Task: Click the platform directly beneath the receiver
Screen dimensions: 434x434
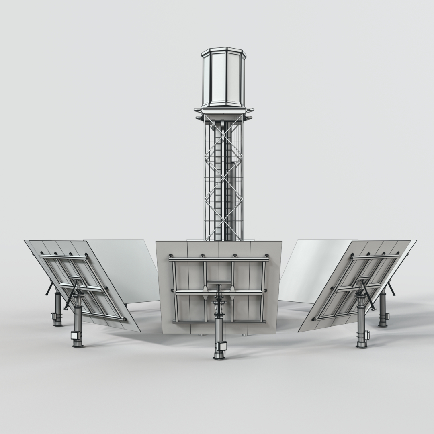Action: [223, 111]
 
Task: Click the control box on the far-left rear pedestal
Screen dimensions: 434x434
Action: [53, 316]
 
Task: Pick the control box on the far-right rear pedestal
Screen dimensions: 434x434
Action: [388, 316]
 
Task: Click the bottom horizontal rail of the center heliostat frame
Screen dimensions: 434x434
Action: [219, 321]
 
